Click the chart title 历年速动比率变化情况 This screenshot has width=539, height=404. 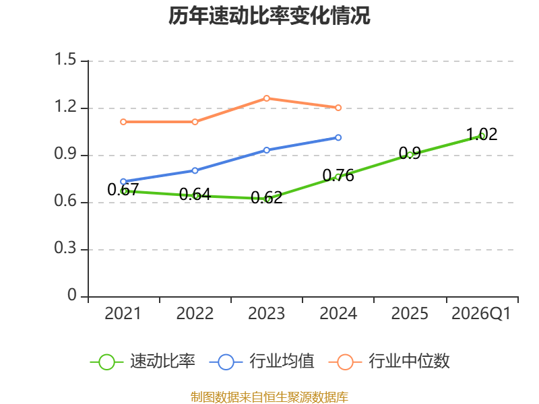click(269, 15)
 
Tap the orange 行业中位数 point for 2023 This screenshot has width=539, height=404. click(267, 98)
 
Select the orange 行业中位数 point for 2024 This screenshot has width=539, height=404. click(338, 108)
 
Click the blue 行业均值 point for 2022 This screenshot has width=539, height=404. click(195, 170)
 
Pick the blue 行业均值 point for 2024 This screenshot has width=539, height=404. click(338, 137)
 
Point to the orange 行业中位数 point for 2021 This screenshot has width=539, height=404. click(123, 122)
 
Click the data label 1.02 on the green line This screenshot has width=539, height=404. click(482, 134)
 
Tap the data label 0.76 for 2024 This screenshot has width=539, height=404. click(338, 175)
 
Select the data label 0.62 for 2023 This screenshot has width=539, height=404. click(267, 197)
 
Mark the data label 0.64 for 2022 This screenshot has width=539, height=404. click(195, 195)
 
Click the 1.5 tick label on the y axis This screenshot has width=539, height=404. click(65, 59)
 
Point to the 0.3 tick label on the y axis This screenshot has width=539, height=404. click(65, 248)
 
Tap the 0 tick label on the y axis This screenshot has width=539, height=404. click(72, 295)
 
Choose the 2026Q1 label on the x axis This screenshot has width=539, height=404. click(481, 313)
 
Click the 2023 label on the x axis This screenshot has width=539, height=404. click(266, 313)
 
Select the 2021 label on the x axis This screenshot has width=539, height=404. click(123, 313)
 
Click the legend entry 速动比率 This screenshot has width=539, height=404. click(143, 362)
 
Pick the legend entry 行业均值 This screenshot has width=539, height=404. click(261, 362)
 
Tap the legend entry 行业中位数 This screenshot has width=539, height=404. click(389, 362)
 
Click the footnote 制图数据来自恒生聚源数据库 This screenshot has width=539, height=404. click(269, 397)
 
